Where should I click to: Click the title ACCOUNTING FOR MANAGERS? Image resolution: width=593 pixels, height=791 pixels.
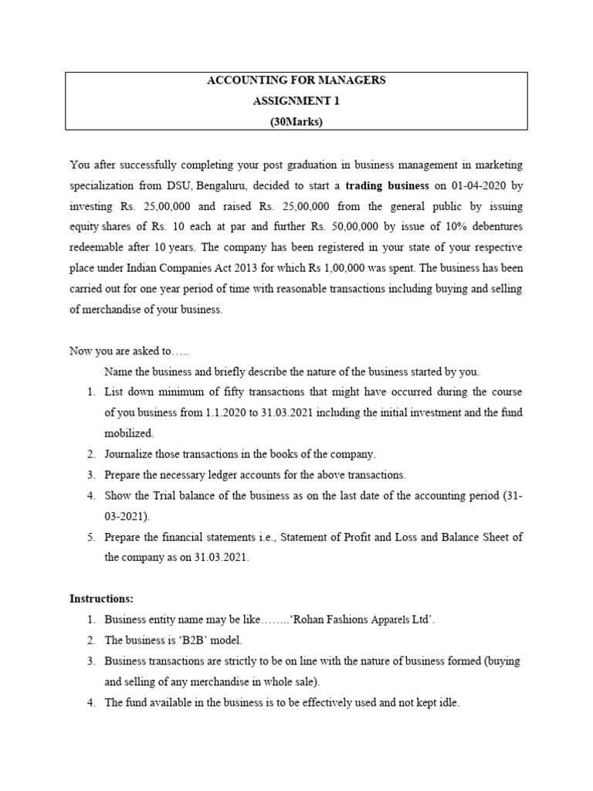coord(296,81)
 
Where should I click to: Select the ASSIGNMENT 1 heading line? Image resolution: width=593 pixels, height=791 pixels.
coord(296,101)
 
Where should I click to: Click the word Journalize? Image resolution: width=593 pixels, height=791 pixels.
coord(133,453)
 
